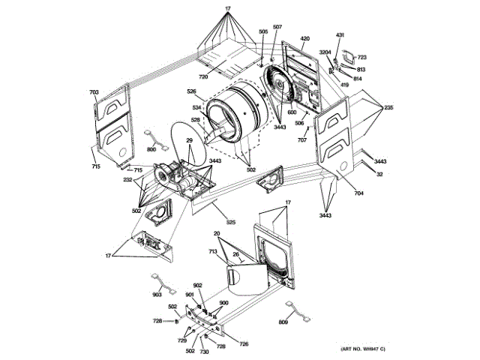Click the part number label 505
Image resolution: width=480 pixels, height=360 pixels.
[263, 31]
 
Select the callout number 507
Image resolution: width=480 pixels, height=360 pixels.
[277, 27]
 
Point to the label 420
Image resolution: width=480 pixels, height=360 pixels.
[305, 38]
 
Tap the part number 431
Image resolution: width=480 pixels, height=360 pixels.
[339, 36]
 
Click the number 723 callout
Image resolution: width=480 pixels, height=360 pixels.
[361, 58]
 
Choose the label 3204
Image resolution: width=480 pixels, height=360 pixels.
[325, 52]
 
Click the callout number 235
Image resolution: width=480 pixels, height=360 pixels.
[388, 108]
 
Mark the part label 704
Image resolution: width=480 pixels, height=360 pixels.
[358, 194]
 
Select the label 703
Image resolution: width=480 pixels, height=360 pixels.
[94, 93]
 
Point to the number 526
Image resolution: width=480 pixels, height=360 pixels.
[191, 92]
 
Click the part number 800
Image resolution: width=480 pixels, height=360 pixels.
[151, 150]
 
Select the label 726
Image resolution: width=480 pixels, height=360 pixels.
[244, 344]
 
